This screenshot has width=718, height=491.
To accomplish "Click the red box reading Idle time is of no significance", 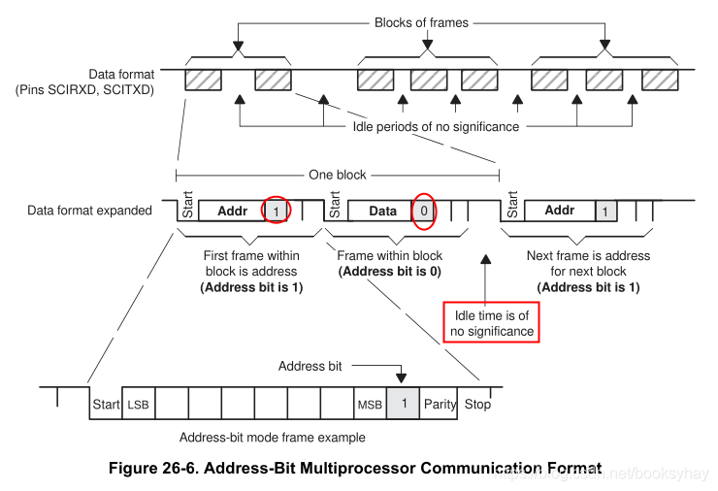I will point(491,323).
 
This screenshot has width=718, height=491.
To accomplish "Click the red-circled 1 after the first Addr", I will point(277,211).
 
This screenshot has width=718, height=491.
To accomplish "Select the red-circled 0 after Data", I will point(424,211).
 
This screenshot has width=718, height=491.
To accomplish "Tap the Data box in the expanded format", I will point(382,211).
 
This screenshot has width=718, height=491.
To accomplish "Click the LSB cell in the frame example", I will point(137,404).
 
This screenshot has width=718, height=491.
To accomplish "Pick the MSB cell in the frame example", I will point(369,404).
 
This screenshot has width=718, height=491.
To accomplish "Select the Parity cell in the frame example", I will point(439,404).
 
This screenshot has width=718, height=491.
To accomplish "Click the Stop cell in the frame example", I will point(476,404).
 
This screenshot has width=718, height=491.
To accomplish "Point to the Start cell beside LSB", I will point(105,404).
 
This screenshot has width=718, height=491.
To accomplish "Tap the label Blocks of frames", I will point(421,22).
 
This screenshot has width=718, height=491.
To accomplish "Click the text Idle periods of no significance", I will point(436,126).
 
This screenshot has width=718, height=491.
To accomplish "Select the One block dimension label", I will point(337,176).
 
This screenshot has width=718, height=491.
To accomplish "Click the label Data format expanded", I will point(89,210).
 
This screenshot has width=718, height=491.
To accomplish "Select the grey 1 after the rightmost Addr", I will point(605,211).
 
